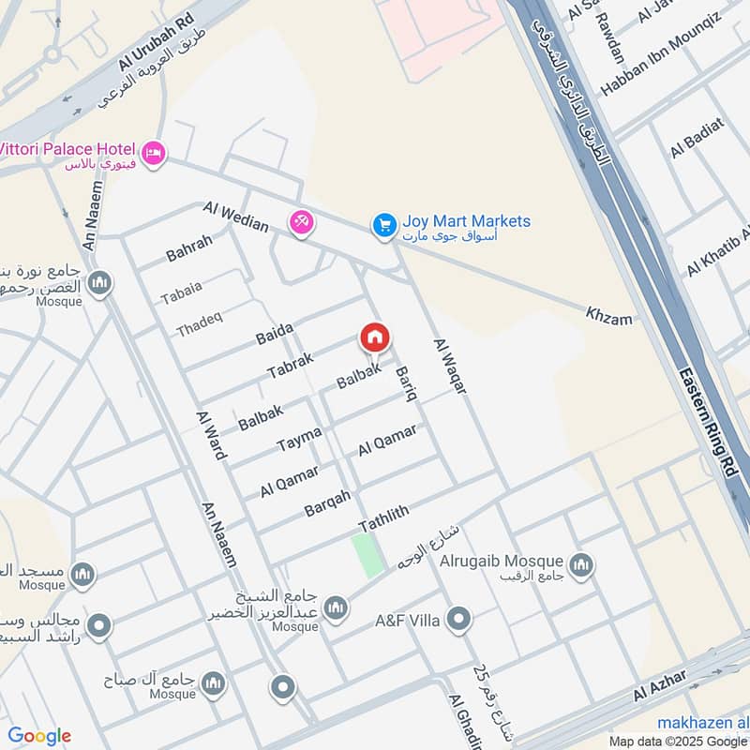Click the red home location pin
(375, 339)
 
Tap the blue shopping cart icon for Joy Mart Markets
(383, 225)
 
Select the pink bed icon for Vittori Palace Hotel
(153, 152)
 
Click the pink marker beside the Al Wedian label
(302, 223)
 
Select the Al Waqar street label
(450, 366)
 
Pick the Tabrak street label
(290, 365)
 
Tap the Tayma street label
(300, 438)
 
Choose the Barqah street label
(327, 503)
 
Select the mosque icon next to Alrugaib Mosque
(582, 565)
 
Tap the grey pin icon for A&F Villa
(457, 619)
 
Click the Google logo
(39, 736)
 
